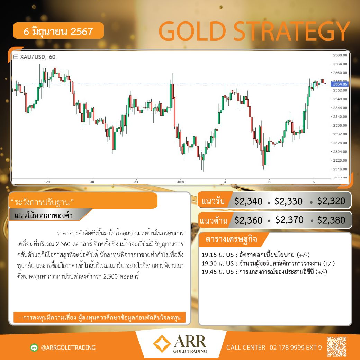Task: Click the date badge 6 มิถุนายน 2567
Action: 58,30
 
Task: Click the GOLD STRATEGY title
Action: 254,31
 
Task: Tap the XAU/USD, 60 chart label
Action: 38,57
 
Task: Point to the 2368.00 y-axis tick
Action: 340,55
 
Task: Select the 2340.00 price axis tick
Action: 340,116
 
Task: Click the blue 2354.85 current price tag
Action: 340,84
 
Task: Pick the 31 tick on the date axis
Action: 136,182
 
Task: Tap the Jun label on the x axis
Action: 180,182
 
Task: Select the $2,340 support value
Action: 249,201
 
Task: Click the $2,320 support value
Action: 331,201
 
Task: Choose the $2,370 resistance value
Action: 289,220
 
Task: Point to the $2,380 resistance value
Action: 331,220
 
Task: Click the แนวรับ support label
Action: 213,201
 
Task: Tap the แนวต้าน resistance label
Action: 213,220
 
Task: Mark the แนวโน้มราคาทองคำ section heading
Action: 43,215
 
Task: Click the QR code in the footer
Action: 336,346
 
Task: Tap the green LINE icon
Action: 34,348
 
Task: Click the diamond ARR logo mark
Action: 162,344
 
